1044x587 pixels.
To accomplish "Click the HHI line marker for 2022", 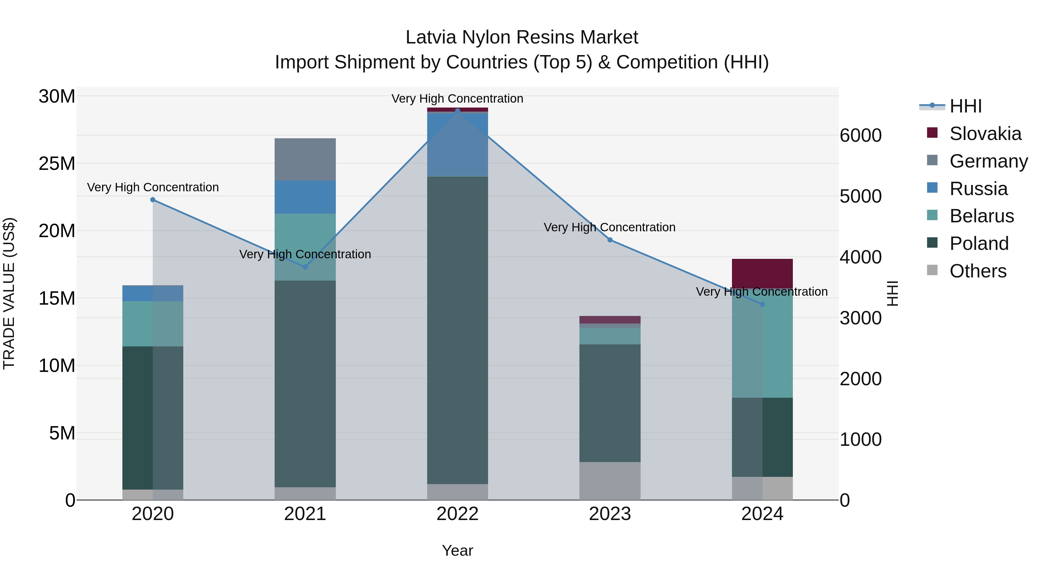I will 458,111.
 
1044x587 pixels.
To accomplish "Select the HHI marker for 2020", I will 153,200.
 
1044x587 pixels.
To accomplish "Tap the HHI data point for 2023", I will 610,240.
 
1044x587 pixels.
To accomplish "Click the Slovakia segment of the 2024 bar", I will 762,273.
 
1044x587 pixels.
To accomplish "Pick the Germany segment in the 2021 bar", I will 305,159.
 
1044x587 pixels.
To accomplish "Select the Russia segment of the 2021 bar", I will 305,197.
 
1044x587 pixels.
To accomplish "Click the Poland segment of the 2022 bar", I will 458,330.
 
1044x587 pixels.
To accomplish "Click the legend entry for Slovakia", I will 985,134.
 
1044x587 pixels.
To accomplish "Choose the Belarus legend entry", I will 981,216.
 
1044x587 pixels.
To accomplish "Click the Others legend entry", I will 978,271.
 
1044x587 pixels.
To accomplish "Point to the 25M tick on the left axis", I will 57,164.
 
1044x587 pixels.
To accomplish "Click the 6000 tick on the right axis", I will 860,135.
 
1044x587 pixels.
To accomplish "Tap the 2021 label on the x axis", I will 305,514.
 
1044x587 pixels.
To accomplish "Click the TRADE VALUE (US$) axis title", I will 9,293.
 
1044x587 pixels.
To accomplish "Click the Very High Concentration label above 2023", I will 610,227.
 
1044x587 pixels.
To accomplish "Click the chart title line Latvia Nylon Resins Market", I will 522,37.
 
